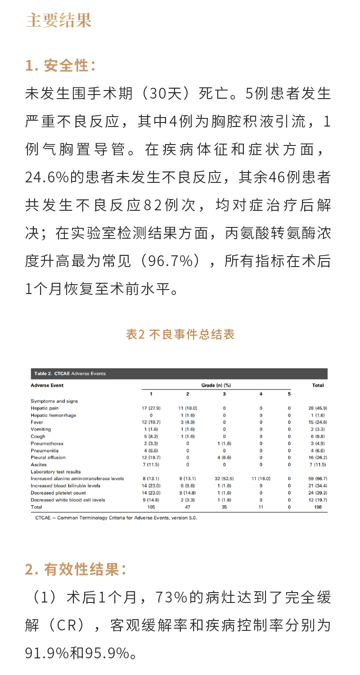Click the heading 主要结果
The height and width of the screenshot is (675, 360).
tap(58, 21)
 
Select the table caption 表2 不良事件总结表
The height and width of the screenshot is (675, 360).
tap(180, 335)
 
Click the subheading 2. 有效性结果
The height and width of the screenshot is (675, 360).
tap(76, 570)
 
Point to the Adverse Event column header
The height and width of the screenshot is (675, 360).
tap(47, 385)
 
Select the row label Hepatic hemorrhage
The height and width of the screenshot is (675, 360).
tap(53, 415)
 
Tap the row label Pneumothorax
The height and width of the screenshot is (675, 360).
tap(47, 444)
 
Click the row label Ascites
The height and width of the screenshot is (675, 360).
tap(39, 465)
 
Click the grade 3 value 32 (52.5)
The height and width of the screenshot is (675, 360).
tap(224, 479)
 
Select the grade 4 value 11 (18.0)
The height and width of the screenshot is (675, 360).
tap(261, 479)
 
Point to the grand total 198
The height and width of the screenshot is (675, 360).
tap(318, 507)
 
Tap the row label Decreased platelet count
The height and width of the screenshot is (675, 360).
tap(58, 493)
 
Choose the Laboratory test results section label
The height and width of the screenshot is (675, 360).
tap(56, 471)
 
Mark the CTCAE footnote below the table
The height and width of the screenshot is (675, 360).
tap(116, 518)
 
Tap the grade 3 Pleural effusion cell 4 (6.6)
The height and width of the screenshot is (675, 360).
tap(224, 458)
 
